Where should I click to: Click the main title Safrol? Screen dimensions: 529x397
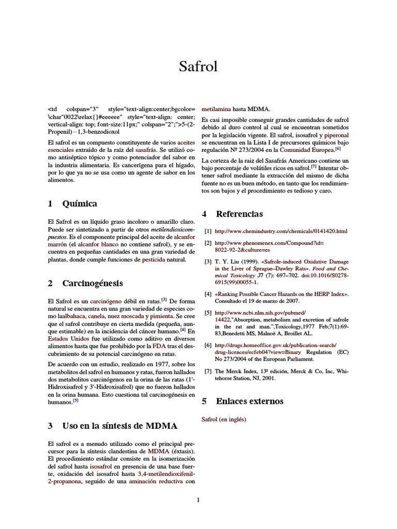point(198,67)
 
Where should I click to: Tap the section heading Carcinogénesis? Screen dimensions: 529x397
point(93,283)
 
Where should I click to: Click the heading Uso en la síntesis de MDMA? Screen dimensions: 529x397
point(119,426)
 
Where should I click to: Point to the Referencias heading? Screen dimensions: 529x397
point(239,214)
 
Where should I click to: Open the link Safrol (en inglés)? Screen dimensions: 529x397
point(224,419)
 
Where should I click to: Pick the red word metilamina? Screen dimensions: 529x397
point(216,110)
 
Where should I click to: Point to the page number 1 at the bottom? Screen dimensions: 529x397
point(198,500)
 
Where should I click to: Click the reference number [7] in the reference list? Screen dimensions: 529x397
point(208,371)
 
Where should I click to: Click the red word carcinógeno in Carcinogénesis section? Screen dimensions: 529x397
point(105,301)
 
